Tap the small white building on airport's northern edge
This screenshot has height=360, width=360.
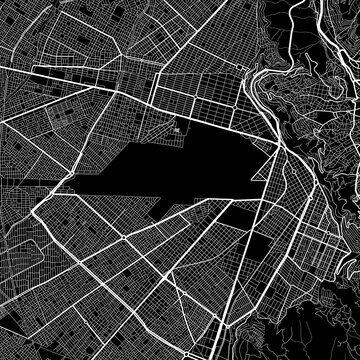tap(179, 129)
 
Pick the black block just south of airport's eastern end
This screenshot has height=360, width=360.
tap(240, 216)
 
